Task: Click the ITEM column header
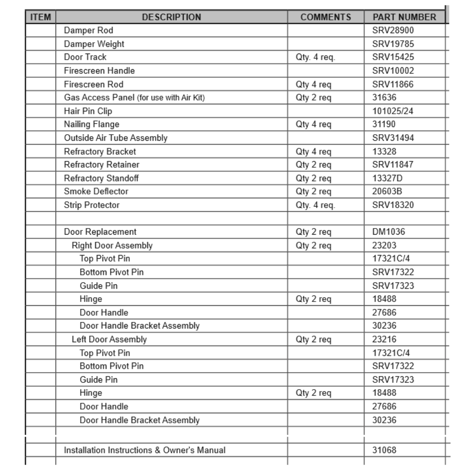[x=40, y=17]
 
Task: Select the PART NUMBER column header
[x=404, y=17]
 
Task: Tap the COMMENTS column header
[x=326, y=17]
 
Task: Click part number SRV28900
[x=393, y=30]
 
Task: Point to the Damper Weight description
[x=94, y=44]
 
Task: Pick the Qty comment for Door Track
[x=315, y=57]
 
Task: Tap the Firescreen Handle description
[x=99, y=71]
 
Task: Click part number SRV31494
[x=393, y=138]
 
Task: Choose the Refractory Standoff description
[x=101, y=178]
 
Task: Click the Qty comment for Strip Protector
[x=315, y=205]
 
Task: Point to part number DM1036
[x=389, y=232]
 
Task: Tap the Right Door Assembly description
[x=112, y=246]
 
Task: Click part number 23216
[x=384, y=339]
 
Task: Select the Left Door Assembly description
[x=109, y=339]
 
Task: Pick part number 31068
[x=384, y=450]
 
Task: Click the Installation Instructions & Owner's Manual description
[x=145, y=450]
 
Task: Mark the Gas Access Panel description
[x=134, y=98]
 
